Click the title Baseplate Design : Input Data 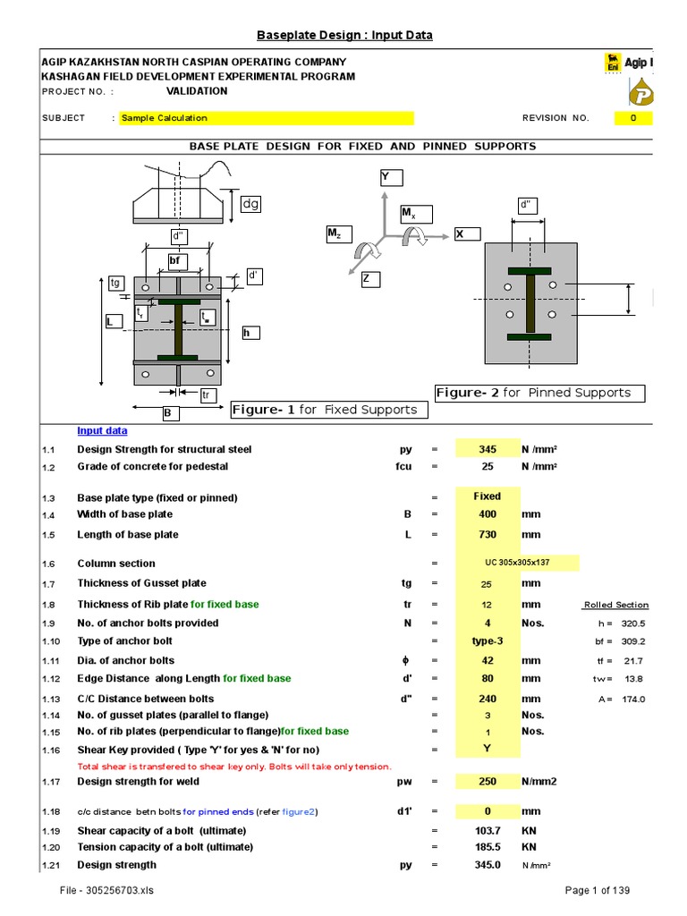[x=344, y=35]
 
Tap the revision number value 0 [x=633, y=118]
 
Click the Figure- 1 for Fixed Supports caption [x=328, y=410]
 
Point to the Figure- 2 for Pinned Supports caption [x=539, y=393]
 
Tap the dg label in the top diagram [x=250, y=204]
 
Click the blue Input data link [x=102, y=430]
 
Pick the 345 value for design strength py [x=487, y=449]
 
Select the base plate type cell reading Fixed [x=487, y=496]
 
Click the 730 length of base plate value [x=487, y=535]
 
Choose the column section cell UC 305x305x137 [x=517, y=564]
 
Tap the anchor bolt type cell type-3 [x=487, y=641]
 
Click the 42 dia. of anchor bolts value [x=487, y=661]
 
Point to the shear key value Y [x=487, y=750]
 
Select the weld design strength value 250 [x=487, y=782]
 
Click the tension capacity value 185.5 [x=487, y=846]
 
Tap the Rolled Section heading [x=615, y=606]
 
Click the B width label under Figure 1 [x=166, y=413]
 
